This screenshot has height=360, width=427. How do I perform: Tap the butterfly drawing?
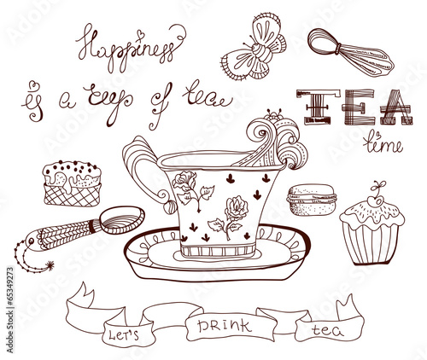tap(254, 49)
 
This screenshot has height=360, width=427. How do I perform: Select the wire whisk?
tap(351, 53)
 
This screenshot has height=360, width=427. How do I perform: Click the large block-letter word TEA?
tap(354, 107)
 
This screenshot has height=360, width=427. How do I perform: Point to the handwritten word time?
tap(383, 143)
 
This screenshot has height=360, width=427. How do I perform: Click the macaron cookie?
tap(312, 200)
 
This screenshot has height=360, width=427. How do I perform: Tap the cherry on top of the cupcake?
tap(377, 200)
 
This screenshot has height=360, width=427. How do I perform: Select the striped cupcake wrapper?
tap(371, 243)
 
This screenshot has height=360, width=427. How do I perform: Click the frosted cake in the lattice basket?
tap(73, 183)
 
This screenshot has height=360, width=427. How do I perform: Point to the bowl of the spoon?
tap(123, 219)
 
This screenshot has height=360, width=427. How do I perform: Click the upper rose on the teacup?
tap(185, 181)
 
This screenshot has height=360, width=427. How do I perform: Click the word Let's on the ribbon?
tap(124, 334)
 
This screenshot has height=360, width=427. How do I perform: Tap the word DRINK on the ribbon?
tap(225, 326)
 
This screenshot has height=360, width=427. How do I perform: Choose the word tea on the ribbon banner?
tap(327, 330)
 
